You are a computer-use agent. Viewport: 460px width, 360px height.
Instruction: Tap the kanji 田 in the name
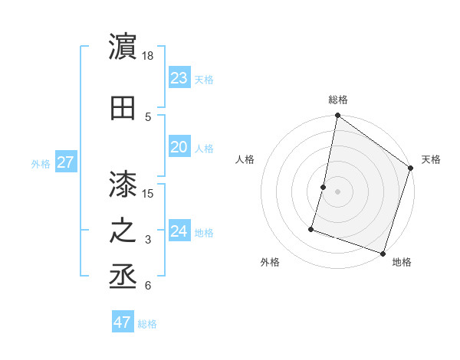coord(123,107)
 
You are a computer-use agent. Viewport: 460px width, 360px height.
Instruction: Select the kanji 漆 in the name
coord(123,184)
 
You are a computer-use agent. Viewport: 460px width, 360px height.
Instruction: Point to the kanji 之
coord(123,232)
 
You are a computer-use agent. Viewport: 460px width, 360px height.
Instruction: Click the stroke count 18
coord(148,56)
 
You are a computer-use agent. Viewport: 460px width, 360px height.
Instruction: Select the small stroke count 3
coord(148,241)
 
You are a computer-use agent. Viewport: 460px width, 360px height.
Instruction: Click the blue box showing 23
coord(179,78)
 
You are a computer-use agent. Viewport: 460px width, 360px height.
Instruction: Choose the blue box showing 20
coord(179,148)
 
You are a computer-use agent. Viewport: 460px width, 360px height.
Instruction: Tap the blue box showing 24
coord(179,231)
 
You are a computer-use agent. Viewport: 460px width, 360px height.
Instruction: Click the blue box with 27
coord(65,162)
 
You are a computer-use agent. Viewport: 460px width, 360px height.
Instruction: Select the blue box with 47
coord(123,322)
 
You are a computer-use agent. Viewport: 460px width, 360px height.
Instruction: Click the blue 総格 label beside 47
coord(148,324)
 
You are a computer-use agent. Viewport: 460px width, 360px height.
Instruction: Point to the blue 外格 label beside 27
coord(41,163)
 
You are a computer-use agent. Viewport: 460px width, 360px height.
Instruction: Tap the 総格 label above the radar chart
coord(338,100)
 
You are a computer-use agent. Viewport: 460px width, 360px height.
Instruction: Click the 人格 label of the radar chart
coord(245,159)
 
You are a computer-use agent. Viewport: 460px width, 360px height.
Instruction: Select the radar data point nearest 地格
coord(383,253)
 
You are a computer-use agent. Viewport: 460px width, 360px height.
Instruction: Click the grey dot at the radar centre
coord(337,191)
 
